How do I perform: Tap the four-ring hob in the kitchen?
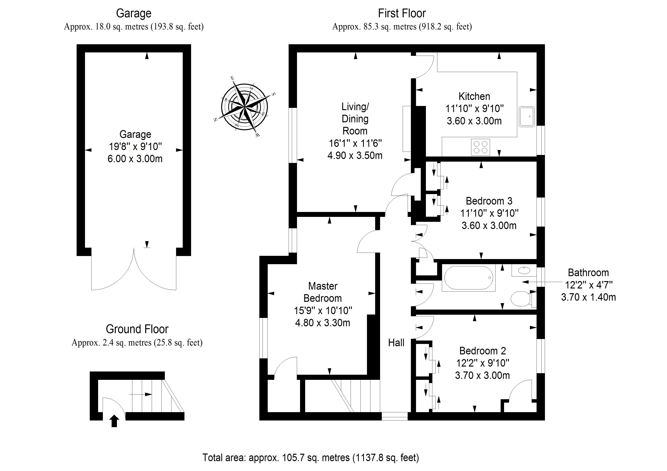(480, 147)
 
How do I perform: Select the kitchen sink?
(527, 116)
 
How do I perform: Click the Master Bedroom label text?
(322, 292)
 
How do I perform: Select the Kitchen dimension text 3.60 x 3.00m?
(474, 121)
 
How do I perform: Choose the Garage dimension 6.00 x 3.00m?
(135, 159)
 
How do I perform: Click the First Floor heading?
(402, 13)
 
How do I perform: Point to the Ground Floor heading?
(137, 329)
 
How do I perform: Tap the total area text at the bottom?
(310, 458)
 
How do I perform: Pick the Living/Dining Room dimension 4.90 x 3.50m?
(355, 156)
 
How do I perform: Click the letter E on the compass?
(232, 78)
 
